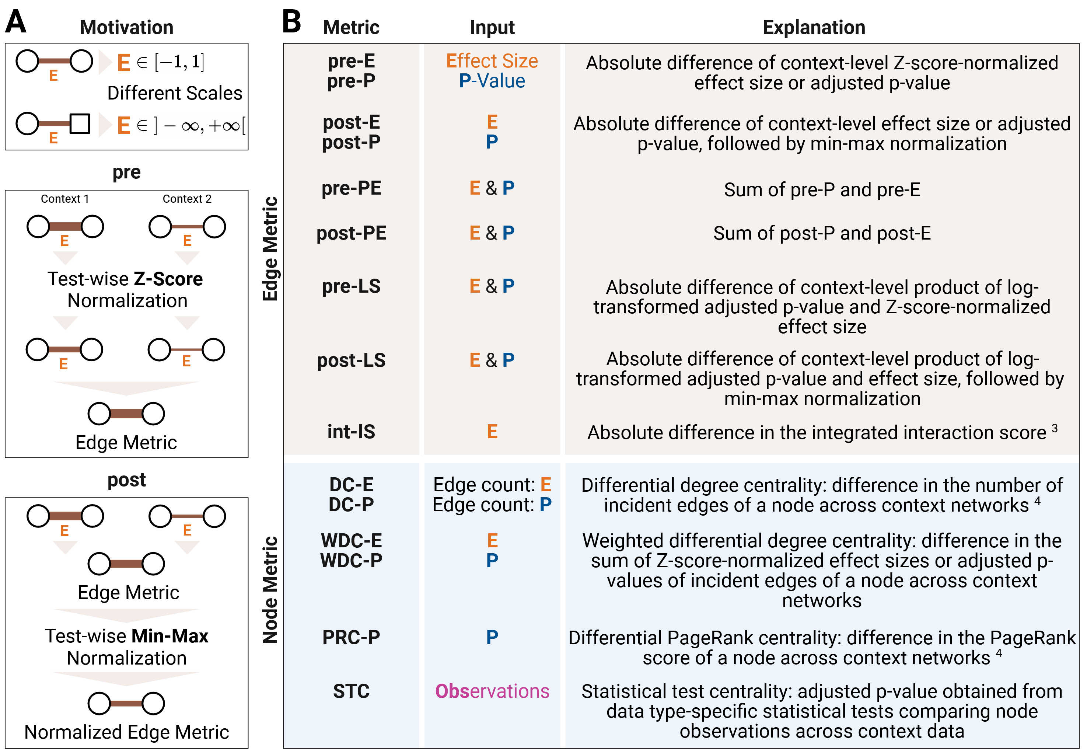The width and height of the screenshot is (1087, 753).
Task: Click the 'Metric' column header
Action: (351, 27)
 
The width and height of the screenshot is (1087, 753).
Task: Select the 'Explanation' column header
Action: (814, 27)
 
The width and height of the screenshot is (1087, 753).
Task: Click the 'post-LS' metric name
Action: (351, 360)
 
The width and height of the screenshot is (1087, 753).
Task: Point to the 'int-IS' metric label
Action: (351, 432)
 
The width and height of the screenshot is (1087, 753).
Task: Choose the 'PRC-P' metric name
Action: (351, 637)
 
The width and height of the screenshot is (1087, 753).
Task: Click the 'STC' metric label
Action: (351, 691)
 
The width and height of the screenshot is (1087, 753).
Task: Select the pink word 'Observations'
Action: (492, 691)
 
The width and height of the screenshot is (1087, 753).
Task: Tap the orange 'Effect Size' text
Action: (492, 61)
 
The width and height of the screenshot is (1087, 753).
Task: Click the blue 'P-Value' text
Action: (492, 81)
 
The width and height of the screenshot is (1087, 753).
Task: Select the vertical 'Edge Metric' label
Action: (270, 249)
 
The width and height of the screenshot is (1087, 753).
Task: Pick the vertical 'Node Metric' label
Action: (270, 590)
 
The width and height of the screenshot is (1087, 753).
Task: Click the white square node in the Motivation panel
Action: (80, 124)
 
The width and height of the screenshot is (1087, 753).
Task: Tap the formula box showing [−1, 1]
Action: (171, 62)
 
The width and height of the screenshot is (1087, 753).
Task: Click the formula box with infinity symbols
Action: (191, 125)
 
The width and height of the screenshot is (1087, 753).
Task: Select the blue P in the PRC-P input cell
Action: (492, 637)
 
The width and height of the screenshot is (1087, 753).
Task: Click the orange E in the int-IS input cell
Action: (492, 432)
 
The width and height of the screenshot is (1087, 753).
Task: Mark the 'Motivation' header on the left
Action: (126, 27)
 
